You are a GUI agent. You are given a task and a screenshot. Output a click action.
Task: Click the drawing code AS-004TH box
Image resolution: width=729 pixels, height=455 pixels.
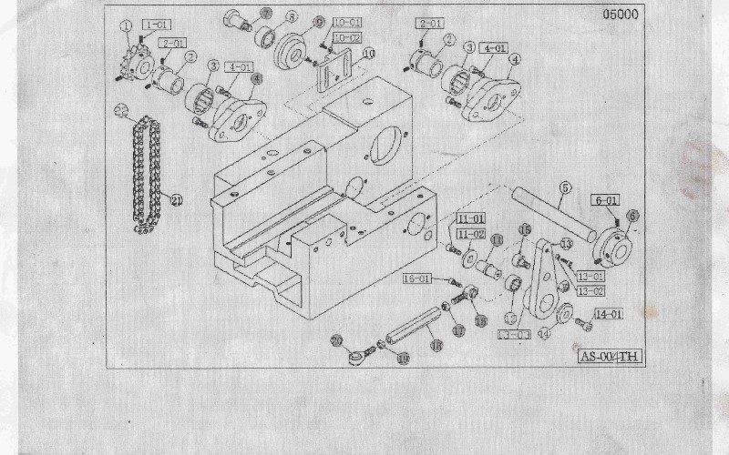coord(611,356)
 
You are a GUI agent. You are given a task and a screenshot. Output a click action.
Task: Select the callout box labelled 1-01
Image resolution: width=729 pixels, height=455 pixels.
coord(155,26)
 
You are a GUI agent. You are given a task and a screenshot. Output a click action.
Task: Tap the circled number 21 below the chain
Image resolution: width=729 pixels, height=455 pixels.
coord(177,200)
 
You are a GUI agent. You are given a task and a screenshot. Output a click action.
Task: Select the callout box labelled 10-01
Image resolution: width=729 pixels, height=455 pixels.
coord(347,22)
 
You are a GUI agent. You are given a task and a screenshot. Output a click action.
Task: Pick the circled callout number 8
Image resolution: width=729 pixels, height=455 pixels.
coord(292,16)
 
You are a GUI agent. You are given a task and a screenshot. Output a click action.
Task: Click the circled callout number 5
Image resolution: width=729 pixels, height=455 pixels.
coord(564,188)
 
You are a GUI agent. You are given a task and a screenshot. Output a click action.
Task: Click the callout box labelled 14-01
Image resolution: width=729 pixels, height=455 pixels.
coord(609,315)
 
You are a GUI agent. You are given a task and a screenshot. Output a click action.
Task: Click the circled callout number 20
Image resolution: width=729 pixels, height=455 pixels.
coord(336,340)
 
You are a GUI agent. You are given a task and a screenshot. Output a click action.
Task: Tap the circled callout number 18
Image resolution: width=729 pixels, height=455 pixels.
coord(436,346)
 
